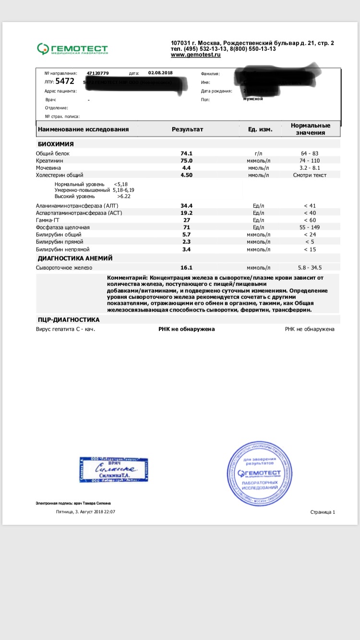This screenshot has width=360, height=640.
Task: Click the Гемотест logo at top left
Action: (72, 49)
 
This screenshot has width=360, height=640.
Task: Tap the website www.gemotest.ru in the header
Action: (196, 55)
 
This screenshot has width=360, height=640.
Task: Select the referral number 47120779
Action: (97, 73)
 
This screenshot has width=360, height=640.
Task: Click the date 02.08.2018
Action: (160, 73)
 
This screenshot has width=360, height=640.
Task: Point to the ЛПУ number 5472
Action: (65, 82)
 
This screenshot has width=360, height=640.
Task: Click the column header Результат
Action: (188, 130)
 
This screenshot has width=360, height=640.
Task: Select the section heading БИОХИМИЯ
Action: (56, 144)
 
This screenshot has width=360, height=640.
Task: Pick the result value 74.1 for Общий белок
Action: (186, 153)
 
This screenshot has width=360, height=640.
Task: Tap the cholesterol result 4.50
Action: (186, 175)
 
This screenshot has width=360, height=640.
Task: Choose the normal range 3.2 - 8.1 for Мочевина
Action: (310, 168)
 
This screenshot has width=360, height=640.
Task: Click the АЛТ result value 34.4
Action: (186, 205)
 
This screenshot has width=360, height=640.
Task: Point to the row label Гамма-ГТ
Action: (48, 220)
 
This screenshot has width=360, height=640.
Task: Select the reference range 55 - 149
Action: (310, 227)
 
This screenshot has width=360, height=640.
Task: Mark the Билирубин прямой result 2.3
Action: (186, 242)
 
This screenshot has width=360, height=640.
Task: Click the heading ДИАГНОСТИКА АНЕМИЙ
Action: (74, 258)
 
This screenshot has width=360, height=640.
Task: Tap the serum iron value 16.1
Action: (186, 268)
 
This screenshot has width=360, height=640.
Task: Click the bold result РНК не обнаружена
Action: (187, 329)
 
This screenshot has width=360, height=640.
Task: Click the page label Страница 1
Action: (323, 512)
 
